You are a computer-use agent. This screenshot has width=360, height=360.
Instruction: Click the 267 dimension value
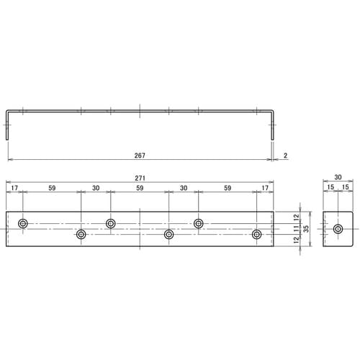tap(140, 154)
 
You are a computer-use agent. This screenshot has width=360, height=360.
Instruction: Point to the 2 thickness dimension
tap(287, 155)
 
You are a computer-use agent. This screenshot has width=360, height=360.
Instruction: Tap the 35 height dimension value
tap(305, 228)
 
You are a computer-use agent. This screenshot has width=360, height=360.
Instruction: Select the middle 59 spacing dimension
tap(139, 189)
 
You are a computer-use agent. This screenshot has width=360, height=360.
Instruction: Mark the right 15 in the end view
tap(346, 189)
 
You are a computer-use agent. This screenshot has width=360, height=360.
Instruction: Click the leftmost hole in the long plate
tap(23, 223)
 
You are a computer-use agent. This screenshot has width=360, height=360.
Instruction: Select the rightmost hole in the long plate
tap(256, 235)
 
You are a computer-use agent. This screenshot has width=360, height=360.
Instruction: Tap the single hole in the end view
tap(338, 229)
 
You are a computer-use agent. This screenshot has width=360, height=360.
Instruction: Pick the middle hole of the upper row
tap(111, 223)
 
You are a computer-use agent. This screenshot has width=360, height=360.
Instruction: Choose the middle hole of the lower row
tap(168, 235)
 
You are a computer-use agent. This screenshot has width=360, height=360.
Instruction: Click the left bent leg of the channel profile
tap(8, 125)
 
